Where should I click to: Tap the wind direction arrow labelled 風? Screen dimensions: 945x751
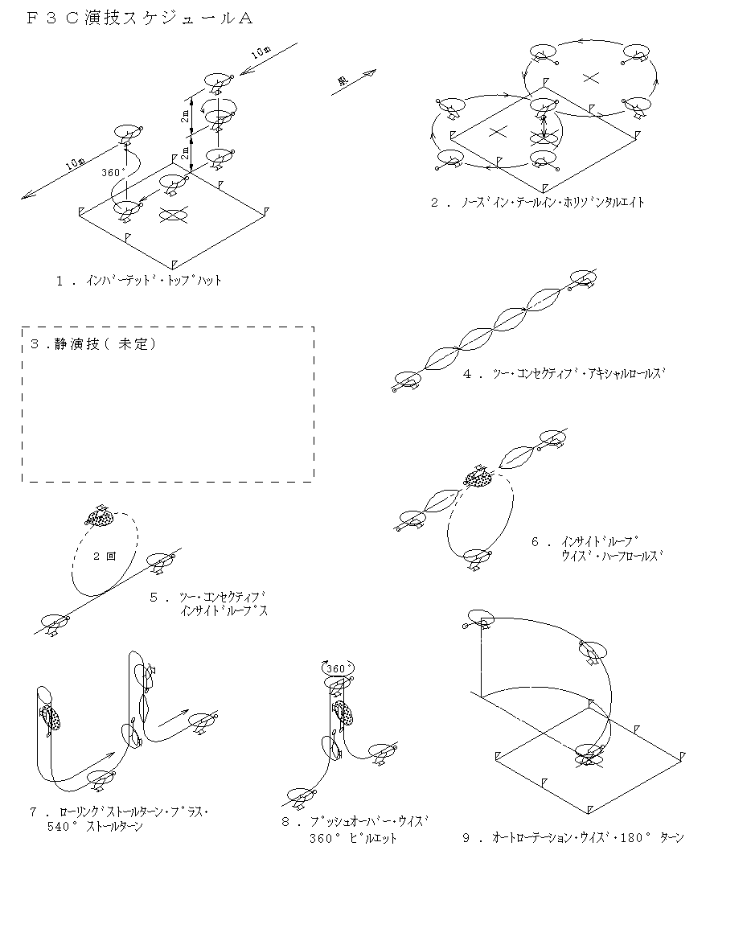point(355,83)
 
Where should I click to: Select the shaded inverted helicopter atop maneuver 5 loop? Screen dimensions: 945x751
point(102,516)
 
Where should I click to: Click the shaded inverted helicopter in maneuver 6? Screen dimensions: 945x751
point(479,477)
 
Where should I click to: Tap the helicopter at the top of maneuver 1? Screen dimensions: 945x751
point(217,81)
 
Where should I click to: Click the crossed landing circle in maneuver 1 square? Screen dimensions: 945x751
point(173,215)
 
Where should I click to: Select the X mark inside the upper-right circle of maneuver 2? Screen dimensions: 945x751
point(591,77)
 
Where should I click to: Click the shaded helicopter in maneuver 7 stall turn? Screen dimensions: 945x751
point(50,717)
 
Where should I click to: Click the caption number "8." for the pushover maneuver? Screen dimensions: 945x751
point(288,822)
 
